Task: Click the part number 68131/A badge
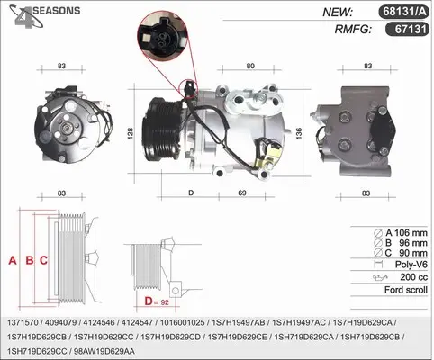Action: pos(403,12)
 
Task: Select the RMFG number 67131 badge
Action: pos(407,30)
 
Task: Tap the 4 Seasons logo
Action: pos(44,16)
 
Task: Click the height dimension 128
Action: pos(131,133)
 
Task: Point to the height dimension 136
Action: pos(299,133)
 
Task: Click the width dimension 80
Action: pos(250,66)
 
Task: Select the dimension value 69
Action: pos(242,193)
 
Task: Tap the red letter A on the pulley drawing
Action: pos(13,260)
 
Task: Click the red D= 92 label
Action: pos(157,301)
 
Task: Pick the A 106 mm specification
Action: pos(401,232)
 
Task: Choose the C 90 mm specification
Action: pos(401,253)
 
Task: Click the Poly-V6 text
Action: pos(411,265)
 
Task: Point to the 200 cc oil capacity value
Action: pos(413,277)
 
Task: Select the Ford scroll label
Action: pos(406,290)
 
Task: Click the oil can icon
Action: pos(380,277)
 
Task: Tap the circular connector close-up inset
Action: pos(162,36)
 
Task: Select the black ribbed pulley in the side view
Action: pos(161,130)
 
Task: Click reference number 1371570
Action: pos(23,322)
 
